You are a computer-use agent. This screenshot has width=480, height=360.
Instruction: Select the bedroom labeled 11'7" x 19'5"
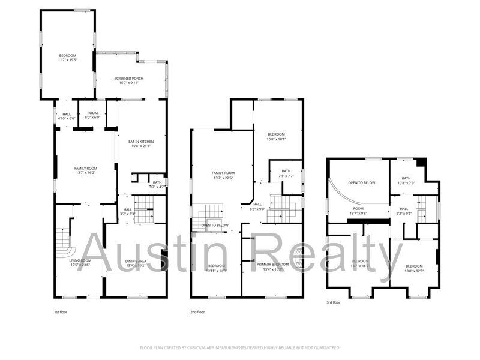click(67, 58)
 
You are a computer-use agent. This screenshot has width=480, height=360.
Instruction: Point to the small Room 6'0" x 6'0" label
click(92, 115)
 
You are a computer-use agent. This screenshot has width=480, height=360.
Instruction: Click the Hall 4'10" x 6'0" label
click(66, 116)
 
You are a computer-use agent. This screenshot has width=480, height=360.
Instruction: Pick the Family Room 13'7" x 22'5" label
click(223, 175)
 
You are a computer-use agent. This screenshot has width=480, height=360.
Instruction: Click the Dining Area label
click(136, 264)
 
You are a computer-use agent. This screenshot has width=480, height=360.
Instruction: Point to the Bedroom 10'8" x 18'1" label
click(276, 136)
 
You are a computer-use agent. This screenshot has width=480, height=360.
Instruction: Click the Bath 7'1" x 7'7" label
click(286, 173)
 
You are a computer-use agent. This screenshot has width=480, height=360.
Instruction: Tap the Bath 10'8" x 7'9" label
click(406, 180)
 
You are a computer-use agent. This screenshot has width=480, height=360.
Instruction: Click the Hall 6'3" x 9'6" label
click(404, 211)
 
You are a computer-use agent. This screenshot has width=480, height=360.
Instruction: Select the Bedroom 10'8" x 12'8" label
click(414, 268)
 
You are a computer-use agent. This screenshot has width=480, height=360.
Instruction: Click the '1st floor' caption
click(61, 312)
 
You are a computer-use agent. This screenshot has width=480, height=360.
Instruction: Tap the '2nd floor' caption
click(197, 312)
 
